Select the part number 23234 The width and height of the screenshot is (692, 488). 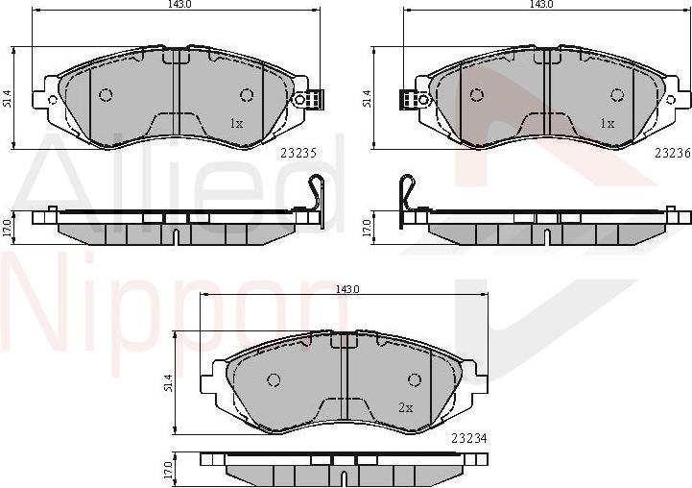pyautogui.click(x=468, y=437)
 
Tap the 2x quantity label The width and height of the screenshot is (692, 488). pyautogui.click(x=405, y=407)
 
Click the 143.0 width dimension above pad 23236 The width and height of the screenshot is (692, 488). pyautogui.click(x=542, y=5)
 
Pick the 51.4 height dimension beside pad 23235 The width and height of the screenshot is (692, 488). pyautogui.click(x=7, y=98)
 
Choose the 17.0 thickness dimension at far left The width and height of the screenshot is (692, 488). pyautogui.click(x=7, y=227)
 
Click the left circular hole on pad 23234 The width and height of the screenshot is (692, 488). pyautogui.click(x=274, y=379)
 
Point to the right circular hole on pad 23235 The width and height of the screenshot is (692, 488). pyautogui.click(x=247, y=94)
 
